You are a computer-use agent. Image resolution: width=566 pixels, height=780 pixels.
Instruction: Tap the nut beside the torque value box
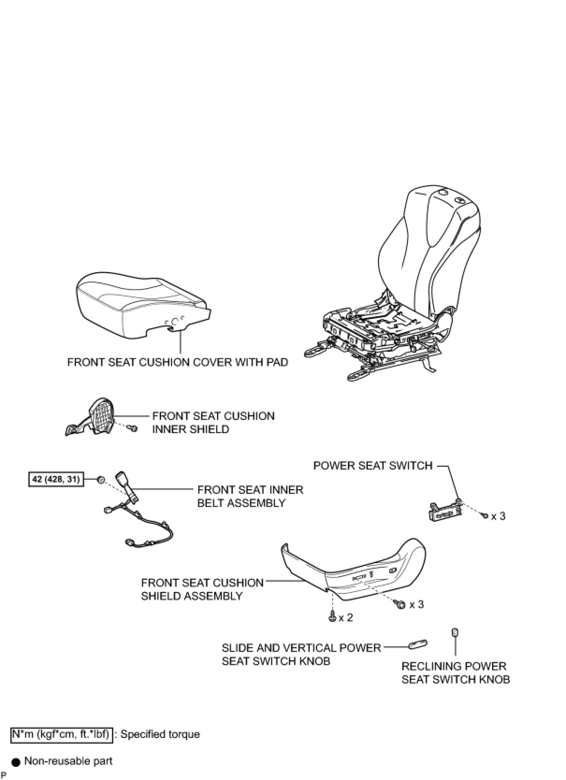tap(101, 480)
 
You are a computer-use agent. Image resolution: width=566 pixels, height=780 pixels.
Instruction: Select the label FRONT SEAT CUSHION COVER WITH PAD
tap(178, 362)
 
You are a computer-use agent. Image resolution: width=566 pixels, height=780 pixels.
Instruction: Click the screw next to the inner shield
tap(133, 428)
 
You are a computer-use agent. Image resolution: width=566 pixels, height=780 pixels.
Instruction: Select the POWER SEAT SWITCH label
tap(373, 466)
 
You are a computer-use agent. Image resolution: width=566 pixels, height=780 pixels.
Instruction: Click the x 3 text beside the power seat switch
tap(498, 516)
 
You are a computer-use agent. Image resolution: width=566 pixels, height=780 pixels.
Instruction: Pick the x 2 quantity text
tap(346, 618)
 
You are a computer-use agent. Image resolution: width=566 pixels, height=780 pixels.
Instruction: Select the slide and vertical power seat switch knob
tap(418, 644)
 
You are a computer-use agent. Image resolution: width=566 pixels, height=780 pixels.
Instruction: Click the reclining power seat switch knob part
tap(455, 633)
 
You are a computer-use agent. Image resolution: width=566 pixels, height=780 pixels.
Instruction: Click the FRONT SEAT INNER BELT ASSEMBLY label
tap(250, 496)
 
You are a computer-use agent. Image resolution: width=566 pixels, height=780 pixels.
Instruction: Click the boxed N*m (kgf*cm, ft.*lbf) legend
tap(61, 735)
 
